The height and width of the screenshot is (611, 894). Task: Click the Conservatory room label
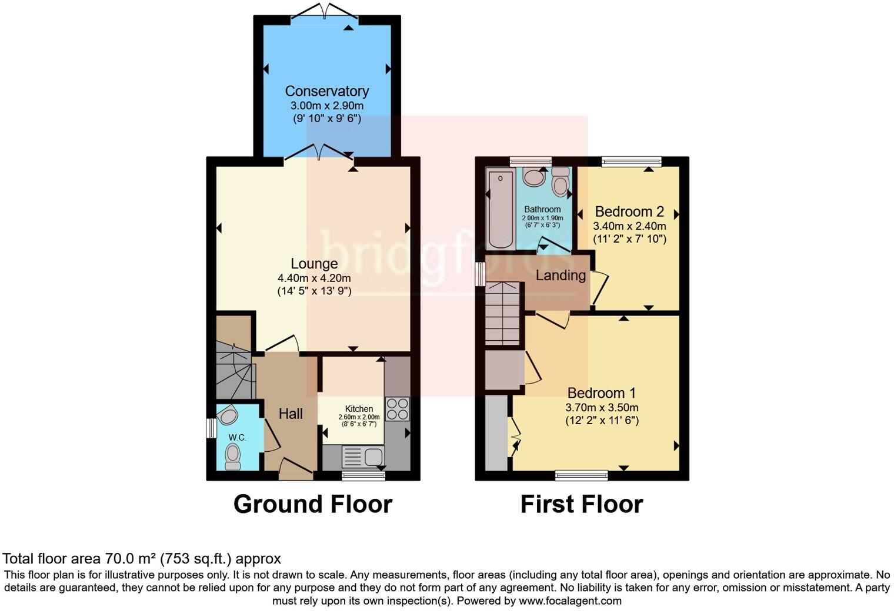click(x=326, y=91)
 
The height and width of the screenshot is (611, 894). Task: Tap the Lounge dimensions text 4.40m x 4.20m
click(x=314, y=278)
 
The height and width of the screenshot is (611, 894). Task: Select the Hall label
click(x=291, y=414)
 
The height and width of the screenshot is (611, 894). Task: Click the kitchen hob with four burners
click(x=397, y=409)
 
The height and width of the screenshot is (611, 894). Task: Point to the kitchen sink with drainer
click(x=363, y=456)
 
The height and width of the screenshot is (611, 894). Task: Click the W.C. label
click(x=237, y=438)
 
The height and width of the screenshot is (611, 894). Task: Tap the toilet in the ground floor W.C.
click(x=233, y=455)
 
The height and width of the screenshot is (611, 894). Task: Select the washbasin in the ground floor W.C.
click(x=228, y=416)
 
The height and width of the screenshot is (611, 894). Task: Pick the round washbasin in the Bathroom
click(x=535, y=177)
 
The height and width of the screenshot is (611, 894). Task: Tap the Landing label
click(x=561, y=275)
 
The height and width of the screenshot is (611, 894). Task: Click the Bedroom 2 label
click(x=629, y=211)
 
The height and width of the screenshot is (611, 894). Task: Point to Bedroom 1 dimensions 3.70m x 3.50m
click(x=602, y=407)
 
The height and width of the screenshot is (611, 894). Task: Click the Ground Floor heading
click(x=312, y=505)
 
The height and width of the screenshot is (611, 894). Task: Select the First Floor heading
click(x=581, y=505)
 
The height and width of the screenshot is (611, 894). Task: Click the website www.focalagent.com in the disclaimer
click(x=570, y=601)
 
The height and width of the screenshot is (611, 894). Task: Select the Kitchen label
click(x=359, y=409)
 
